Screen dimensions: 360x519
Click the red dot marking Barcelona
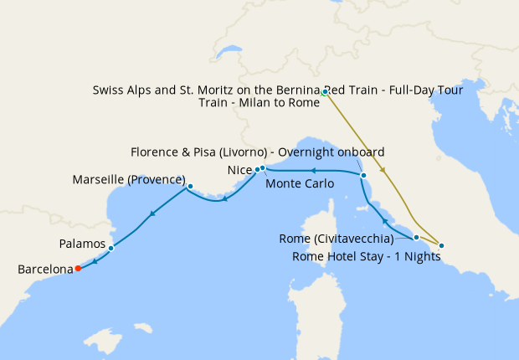[78, 269]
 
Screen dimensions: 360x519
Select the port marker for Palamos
[111, 248]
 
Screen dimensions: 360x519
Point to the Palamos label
[83, 244]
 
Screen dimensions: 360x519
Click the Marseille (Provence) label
[128, 180]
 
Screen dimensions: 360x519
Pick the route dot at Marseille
[191, 187]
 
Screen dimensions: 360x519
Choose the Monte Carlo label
[300, 183]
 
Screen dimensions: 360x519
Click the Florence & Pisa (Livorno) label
[258, 152]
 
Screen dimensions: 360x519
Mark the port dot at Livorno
[363, 175]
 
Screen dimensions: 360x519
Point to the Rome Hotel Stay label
[367, 256]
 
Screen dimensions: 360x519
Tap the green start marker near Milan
[323, 92]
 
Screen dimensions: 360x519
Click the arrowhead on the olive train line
[384, 171]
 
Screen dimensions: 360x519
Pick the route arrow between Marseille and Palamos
[152, 215]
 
